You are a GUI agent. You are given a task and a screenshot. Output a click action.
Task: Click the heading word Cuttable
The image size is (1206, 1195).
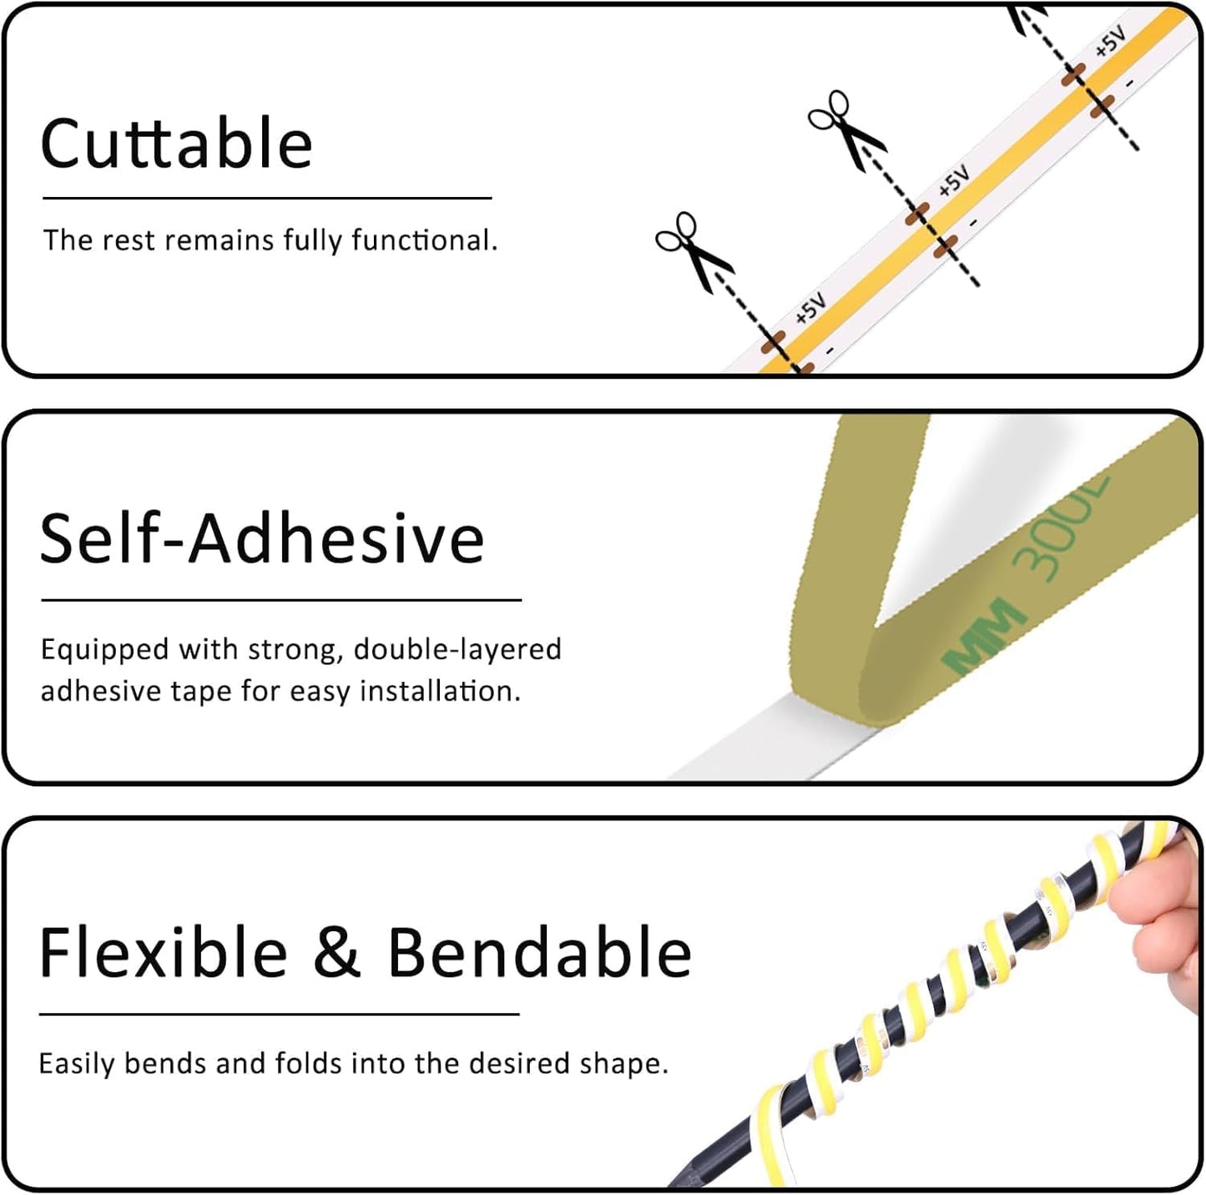point(176,144)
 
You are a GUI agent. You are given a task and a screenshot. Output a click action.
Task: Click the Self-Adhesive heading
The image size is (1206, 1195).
point(262,537)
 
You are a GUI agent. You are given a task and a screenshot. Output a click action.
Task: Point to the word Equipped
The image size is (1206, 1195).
point(105,650)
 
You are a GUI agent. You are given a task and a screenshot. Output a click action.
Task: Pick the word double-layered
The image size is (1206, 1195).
point(457,649)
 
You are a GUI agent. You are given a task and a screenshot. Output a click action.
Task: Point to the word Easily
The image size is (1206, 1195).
point(76,1064)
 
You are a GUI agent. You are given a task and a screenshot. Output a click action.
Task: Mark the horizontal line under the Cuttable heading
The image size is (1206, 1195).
point(267,199)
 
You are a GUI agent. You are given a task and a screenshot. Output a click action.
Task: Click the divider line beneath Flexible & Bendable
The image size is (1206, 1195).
point(279,1014)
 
